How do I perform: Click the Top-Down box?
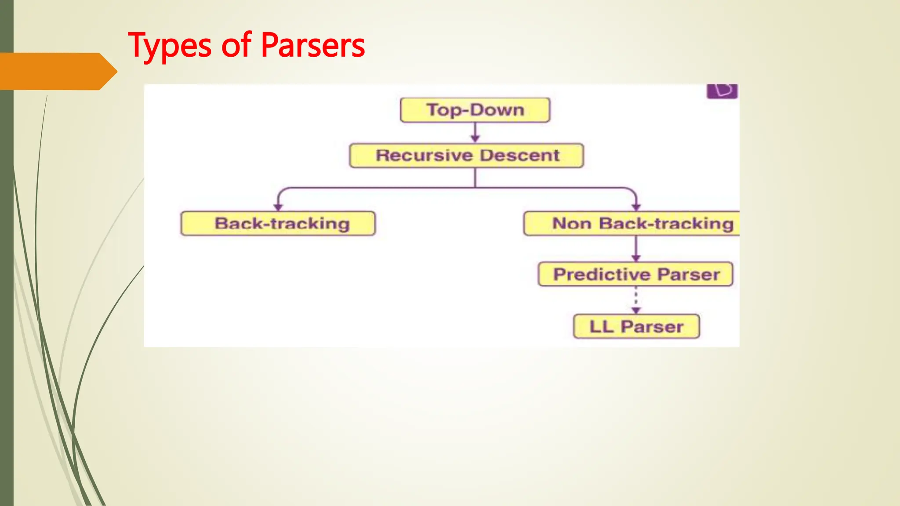pos(475,110)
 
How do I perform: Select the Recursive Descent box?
pos(466,155)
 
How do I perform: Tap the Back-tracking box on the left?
pos(278,224)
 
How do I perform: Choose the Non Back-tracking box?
pos(631,224)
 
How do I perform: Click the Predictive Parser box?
pos(635,275)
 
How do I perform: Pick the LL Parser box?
pos(636,327)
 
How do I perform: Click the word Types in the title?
pos(170,46)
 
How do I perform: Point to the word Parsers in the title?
pos(312,46)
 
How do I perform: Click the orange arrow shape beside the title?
pos(57,72)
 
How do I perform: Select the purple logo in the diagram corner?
pos(722,91)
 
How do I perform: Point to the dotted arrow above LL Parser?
pos(636,300)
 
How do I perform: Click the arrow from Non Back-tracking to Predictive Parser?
pos(636,249)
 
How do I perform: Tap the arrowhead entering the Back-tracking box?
pos(278,207)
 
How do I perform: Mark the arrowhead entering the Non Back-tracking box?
pos(636,207)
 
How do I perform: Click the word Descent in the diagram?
pos(519,155)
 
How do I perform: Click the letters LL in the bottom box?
pos(601,327)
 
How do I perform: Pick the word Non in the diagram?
pos(571,224)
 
